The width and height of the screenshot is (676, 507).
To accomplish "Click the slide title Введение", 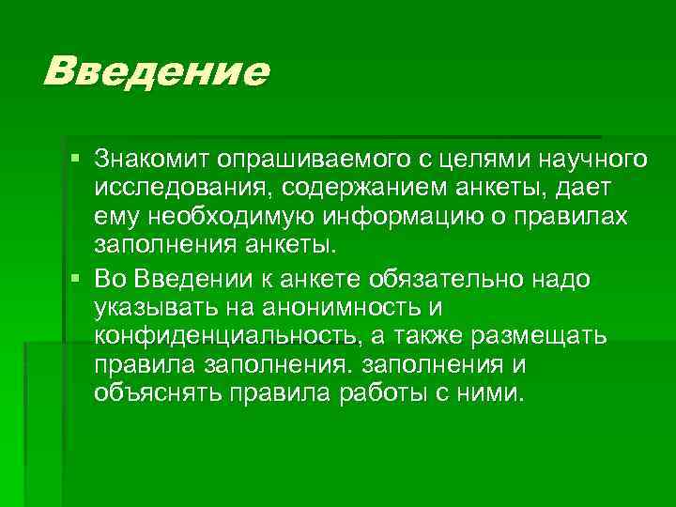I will tap(156, 71).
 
